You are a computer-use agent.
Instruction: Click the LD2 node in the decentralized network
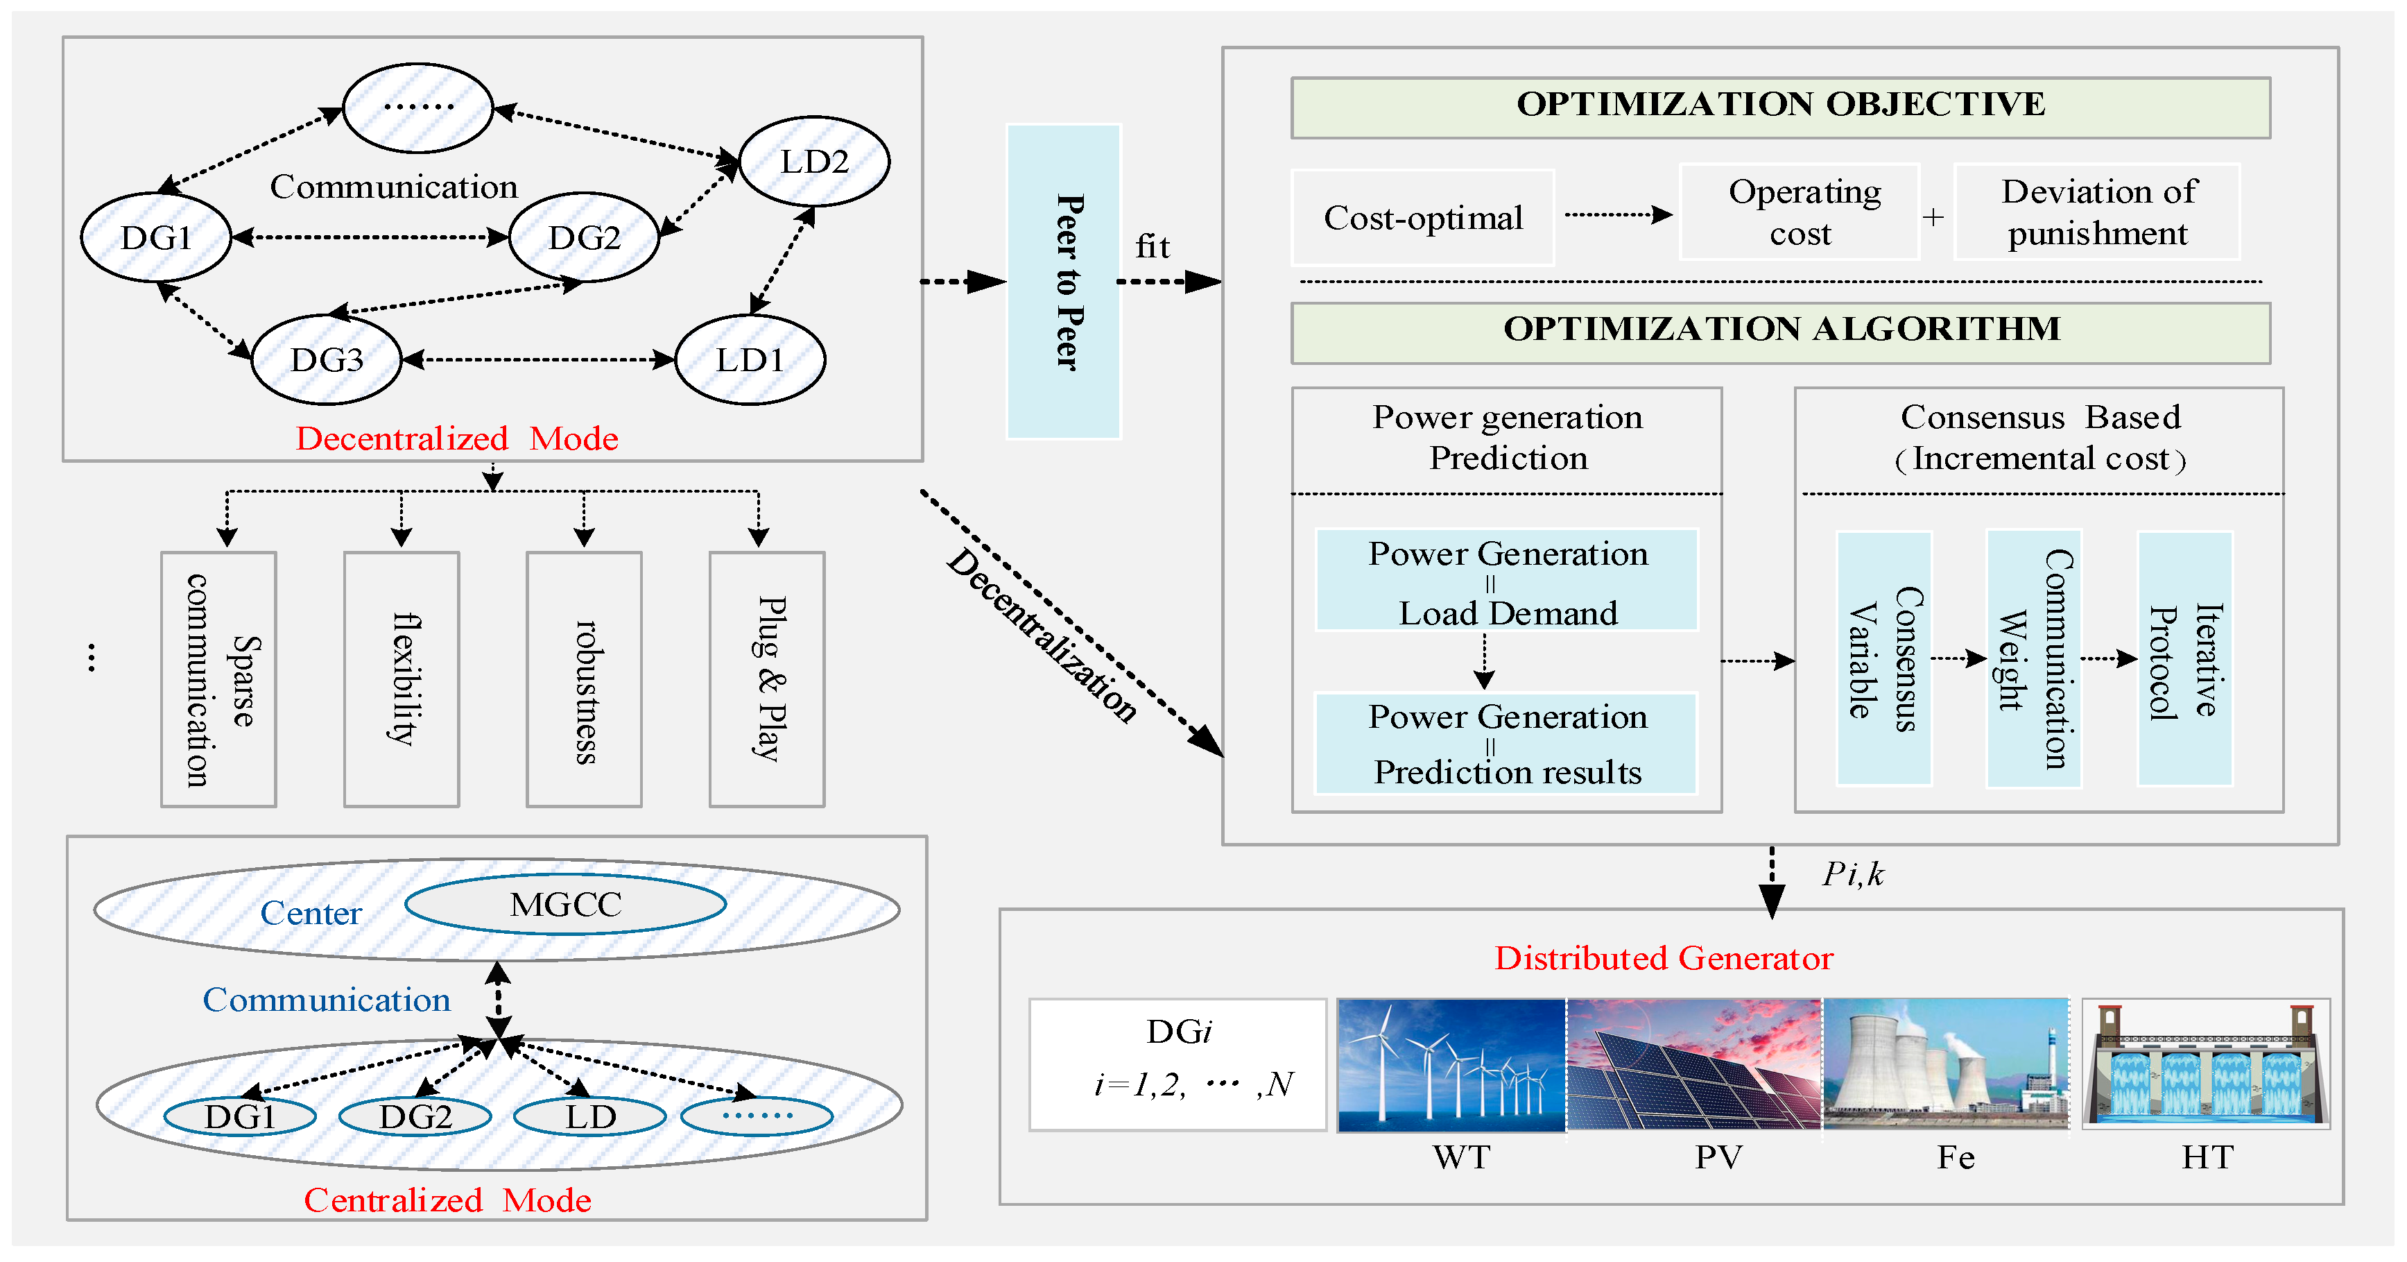pyautogui.click(x=814, y=162)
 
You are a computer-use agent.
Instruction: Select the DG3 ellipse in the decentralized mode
pyautogui.click(x=326, y=360)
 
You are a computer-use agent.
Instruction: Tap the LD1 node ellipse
pyautogui.click(x=750, y=360)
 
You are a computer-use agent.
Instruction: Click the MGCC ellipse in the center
pyautogui.click(x=565, y=904)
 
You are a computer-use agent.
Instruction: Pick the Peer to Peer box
pyautogui.click(x=1063, y=282)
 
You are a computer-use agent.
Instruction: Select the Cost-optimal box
pyautogui.click(x=1422, y=218)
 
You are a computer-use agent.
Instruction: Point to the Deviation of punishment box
pyautogui.click(x=2097, y=212)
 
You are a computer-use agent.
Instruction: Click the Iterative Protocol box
pyautogui.click(x=2184, y=659)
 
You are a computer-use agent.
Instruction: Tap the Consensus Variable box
pyautogui.click(x=1883, y=659)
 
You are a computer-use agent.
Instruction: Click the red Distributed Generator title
pyautogui.click(x=1663, y=958)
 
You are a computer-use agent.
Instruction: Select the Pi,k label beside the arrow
pyautogui.click(x=1853, y=874)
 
